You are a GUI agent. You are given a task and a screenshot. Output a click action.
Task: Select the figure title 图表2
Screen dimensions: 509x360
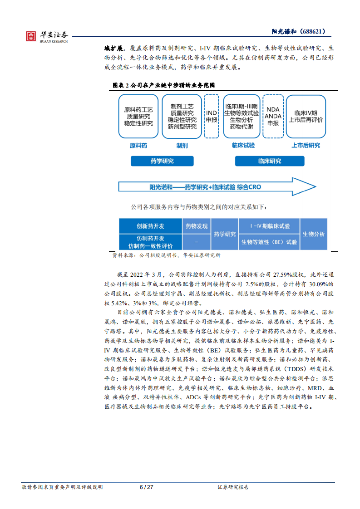click(163, 85)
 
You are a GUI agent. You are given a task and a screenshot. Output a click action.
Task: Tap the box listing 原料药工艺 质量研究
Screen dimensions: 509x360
click(138, 117)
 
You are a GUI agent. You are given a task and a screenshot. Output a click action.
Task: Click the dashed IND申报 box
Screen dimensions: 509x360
click(212, 116)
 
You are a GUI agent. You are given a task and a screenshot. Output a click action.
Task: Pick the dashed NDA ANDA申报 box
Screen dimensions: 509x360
click(273, 116)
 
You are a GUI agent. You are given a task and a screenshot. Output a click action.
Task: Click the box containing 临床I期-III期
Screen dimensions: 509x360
click(242, 116)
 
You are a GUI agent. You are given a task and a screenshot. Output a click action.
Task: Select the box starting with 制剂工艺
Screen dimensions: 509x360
click(182, 116)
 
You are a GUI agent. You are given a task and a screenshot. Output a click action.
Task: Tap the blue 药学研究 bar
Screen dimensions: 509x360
click(162, 161)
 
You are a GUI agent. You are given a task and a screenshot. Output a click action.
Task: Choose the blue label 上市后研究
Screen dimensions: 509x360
click(306, 146)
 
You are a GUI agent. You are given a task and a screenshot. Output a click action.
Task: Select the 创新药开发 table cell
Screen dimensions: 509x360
click(150, 226)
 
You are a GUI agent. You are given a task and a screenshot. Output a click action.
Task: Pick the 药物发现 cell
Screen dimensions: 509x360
click(197, 226)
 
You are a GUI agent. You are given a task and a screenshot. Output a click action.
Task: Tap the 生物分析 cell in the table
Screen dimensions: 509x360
click(314, 234)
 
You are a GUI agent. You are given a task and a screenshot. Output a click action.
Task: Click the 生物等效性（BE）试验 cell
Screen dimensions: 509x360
click(269, 242)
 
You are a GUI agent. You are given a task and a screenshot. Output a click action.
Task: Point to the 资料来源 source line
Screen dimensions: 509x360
click(166, 255)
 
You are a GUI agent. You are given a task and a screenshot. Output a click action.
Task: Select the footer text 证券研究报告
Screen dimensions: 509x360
click(233, 487)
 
